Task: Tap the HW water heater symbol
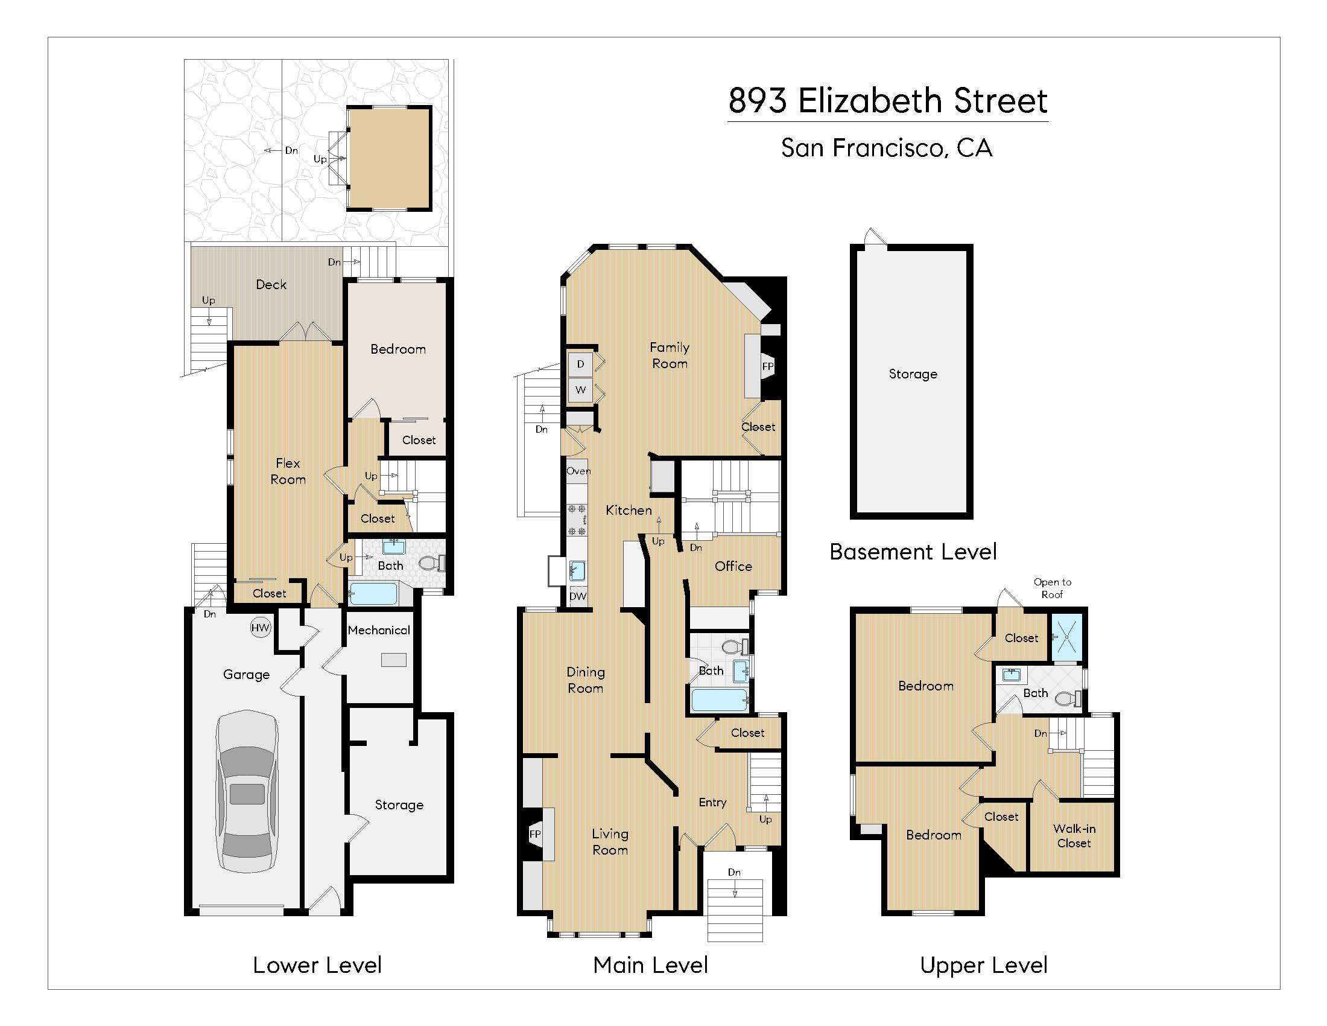click(x=260, y=628)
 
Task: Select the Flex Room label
click(x=288, y=471)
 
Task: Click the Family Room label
click(x=669, y=355)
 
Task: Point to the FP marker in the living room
click(x=534, y=834)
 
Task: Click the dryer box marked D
click(x=580, y=364)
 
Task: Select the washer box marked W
click(x=580, y=390)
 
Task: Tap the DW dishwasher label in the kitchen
click(x=577, y=596)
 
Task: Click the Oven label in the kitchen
click(x=578, y=471)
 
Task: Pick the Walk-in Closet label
click(x=1074, y=836)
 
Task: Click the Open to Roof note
click(x=1053, y=588)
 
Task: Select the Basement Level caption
click(x=913, y=552)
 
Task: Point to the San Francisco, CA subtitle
click(x=887, y=148)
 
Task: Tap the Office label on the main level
click(x=733, y=567)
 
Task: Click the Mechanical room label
click(x=379, y=630)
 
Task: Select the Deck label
click(x=271, y=284)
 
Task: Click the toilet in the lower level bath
click(x=430, y=564)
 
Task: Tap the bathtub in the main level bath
click(x=719, y=700)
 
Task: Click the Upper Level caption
click(x=984, y=965)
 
